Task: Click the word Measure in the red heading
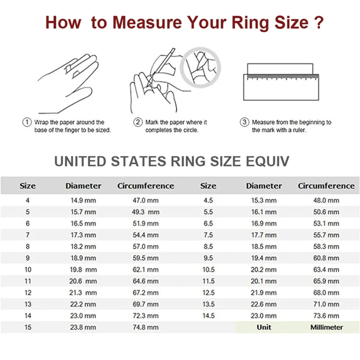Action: [x=150, y=22]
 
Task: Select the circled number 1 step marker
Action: [x=27, y=122]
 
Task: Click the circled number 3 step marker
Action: [x=245, y=122]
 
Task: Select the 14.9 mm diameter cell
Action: [x=83, y=201]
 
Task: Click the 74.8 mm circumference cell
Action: [x=145, y=327]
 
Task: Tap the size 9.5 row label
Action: [x=208, y=258]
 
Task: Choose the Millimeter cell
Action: [x=327, y=327]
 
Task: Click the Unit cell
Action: [x=264, y=327]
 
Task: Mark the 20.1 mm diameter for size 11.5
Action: [x=264, y=281]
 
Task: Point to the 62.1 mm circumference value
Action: [x=145, y=270]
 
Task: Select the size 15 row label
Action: [x=28, y=327]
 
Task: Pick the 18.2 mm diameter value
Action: [x=83, y=247]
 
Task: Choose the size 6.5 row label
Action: [x=208, y=224]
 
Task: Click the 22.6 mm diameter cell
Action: [x=264, y=304]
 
